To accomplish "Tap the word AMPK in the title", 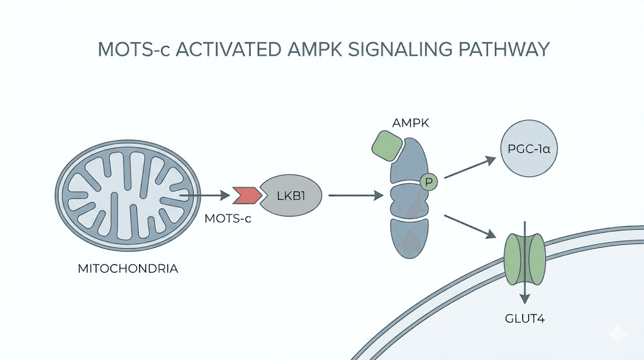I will click(309, 49).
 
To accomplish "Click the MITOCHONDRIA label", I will click(128, 269).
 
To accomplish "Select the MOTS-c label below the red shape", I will click(229, 219).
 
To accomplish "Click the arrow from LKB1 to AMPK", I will click(356, 196).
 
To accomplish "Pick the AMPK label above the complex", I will click(411, 123).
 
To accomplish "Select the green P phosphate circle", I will click(430, 183).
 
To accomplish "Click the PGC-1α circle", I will click(528, 152).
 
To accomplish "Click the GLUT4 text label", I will click(525, 318).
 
